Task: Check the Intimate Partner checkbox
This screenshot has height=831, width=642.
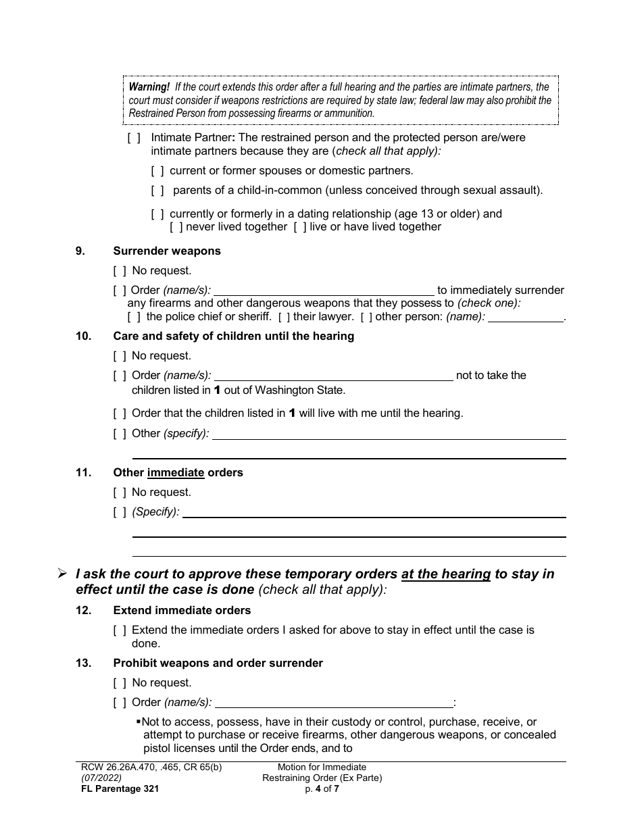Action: click(x=134, y=138)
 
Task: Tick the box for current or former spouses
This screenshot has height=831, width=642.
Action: click(x=157, y=171)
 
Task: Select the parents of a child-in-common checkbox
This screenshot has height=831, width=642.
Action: click(x=157, y=191)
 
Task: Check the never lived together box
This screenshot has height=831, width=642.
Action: click(x=176, y=227)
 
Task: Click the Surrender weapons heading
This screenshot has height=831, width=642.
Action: click(x=167, y=251)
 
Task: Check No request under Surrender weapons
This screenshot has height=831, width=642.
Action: click(x=120, y=271)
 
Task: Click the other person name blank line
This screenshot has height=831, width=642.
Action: click(x=525, y=318)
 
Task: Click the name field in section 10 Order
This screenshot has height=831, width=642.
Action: click(x=333, y=376)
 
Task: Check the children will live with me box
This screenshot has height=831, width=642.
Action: click(x=120, y=413)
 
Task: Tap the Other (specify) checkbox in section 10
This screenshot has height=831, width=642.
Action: click(x=120, y=434)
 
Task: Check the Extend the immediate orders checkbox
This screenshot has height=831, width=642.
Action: click(x=120, y=630)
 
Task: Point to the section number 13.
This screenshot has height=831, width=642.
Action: click(x=83, y=663)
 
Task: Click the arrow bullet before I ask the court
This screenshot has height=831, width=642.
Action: click(x=62, y=574)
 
